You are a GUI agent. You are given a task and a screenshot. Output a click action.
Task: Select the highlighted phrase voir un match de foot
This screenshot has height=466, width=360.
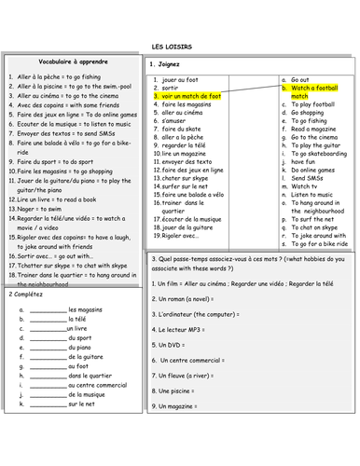[191, 97]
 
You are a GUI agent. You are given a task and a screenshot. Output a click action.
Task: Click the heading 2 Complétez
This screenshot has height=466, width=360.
[28, 293]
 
